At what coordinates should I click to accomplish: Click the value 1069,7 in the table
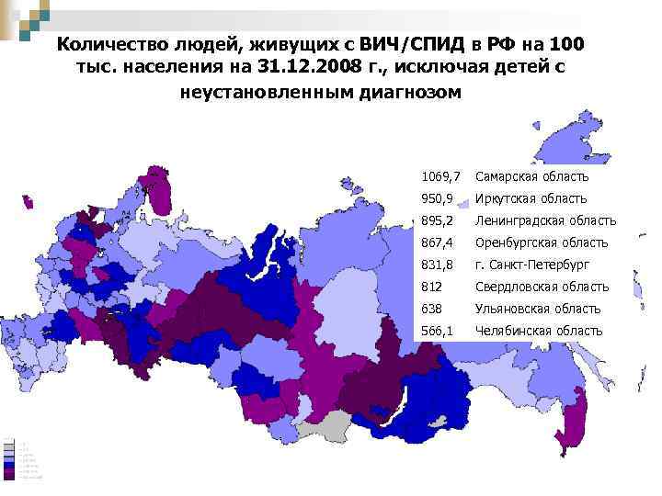click(441, 176)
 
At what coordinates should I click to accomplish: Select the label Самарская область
click(531, 176)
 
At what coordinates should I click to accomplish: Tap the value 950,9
click(438, 198)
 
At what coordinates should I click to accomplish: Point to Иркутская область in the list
click(531, 198)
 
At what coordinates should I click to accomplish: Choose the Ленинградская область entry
click(545, 220)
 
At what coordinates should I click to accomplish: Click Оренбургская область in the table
click(542, 242)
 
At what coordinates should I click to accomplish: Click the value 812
click(431, 287)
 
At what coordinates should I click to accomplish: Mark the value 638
click(431, 309)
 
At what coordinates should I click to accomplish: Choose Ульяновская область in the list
click(538, 309)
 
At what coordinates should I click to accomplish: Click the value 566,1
click(438, 331)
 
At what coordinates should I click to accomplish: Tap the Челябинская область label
click(539, 331)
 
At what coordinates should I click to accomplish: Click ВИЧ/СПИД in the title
click(409, 45)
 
